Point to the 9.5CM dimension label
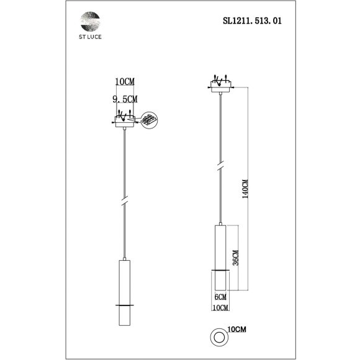tap(125, 98)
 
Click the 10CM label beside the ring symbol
tap(236, 328)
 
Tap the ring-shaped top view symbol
tap(218, 336)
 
